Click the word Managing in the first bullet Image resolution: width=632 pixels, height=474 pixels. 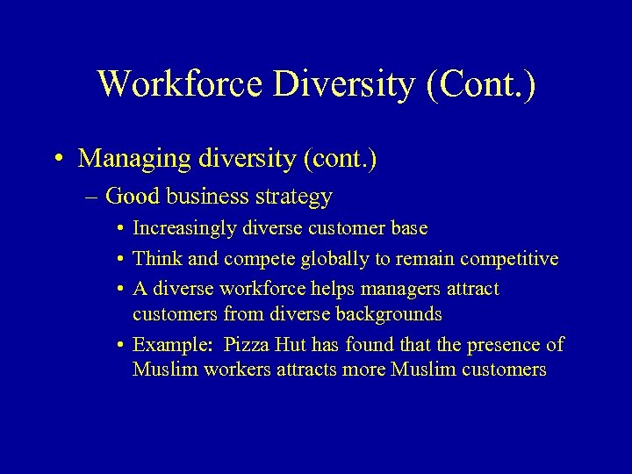pyautogui.click(x=131, y=159)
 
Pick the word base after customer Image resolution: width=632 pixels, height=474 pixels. pyautogui.click(x=408, y=228)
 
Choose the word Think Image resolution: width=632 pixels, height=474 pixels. pyautogui.click(x=155, y=259)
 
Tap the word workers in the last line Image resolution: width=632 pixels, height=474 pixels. pyautogui.click(x=237, y=370)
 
